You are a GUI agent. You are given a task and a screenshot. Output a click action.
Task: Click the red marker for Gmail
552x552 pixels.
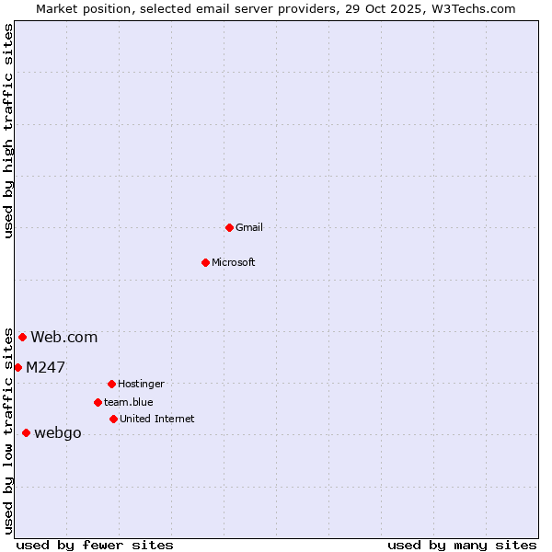[229, 227]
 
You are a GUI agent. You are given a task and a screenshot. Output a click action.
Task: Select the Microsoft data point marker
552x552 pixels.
[205, 262]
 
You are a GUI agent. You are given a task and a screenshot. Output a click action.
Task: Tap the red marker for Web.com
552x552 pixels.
[22, 337]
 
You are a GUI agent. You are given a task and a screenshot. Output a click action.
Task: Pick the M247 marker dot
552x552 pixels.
[17, 367]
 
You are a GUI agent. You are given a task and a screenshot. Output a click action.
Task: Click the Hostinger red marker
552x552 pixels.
[111, 384]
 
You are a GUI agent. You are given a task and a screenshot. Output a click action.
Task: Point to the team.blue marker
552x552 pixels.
[98, 402]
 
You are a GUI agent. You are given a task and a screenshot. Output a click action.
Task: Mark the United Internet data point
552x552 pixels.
[113, 419]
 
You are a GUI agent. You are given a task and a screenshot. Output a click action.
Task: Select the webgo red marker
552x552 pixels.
[26, 432]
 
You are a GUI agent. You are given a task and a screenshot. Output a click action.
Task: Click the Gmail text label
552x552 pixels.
[249, 227]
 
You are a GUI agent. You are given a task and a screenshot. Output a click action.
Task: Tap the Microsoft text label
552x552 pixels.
[234, 262]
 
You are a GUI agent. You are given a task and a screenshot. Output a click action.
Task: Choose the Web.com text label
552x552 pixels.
[64, 338]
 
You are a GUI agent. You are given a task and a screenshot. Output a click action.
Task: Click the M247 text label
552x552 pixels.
[46, 367]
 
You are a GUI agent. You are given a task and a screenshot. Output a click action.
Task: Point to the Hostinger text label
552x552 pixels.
[141, 384]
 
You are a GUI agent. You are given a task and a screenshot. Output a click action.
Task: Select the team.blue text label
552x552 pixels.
[129, 402]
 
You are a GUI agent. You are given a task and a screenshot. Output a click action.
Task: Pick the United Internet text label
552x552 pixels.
[157, 419]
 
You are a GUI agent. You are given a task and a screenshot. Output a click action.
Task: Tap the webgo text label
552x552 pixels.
[58, 433]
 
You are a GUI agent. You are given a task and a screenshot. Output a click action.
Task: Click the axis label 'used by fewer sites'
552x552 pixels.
[95, 546]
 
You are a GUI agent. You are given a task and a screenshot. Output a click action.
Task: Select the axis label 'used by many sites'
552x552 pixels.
[462, 546]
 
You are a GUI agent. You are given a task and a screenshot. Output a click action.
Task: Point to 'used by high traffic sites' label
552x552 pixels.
[9, 131]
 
